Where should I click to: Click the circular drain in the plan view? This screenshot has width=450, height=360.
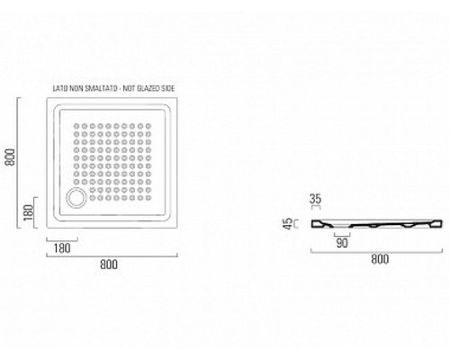(76, 198)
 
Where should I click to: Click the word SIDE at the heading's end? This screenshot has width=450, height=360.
(167, 88)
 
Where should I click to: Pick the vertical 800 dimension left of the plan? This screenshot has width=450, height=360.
(10, 157)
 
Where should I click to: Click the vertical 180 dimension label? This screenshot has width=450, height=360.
(29, 212)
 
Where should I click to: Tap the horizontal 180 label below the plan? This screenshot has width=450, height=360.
(62, 248)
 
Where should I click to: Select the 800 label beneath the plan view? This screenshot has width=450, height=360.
(109, 265)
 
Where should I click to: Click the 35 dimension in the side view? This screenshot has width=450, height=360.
(315, 199)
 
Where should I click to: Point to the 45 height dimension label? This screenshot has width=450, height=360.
(287, 223)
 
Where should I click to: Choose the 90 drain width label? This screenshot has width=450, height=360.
(342, 243)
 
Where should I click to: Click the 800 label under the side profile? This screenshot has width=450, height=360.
(380, 259)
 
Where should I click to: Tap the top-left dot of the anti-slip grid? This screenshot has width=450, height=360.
(76, 126)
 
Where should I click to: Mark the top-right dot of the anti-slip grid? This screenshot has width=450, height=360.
(148, 126)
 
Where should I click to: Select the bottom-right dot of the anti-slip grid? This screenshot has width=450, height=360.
(148, 198)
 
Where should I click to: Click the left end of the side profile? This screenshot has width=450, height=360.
(311, 224)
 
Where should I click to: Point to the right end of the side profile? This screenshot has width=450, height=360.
(442, 224)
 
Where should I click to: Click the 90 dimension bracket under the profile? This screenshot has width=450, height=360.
(342, 236)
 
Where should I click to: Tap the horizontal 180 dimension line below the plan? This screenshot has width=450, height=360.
(62, 239)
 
